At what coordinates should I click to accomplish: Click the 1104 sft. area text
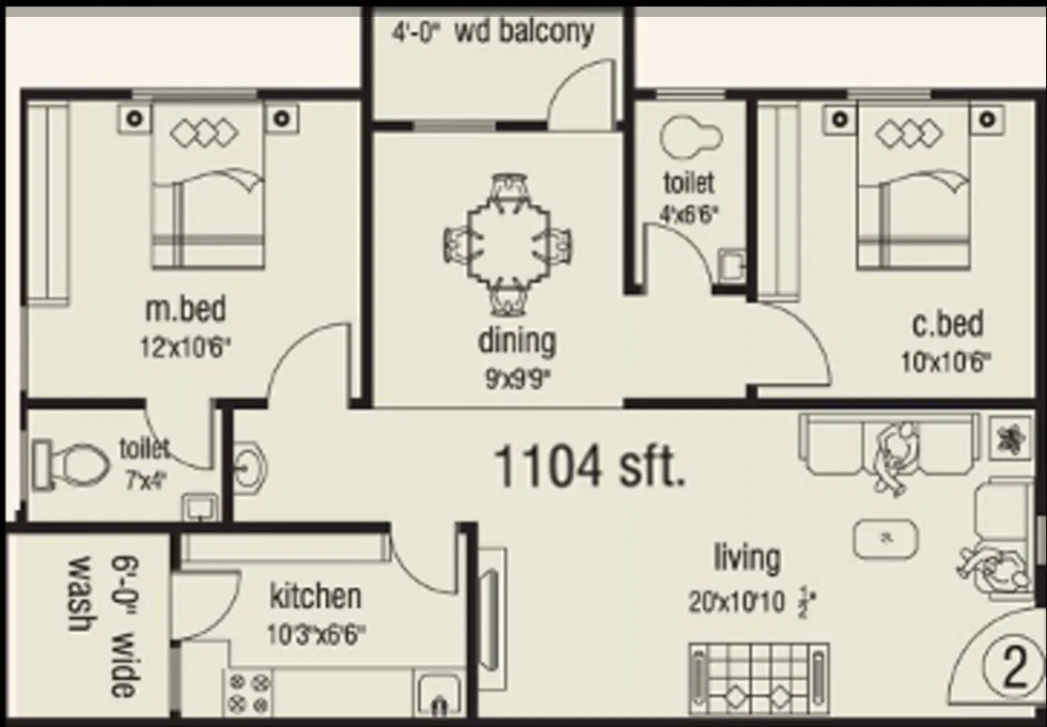[589, 466]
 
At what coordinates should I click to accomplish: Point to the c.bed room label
[946, 324]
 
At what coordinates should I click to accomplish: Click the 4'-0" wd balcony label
[492, 31]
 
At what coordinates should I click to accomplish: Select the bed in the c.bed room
[913, 188]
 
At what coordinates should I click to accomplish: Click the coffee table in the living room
[884, 538]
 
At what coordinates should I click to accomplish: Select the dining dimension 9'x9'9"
[515, 378]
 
